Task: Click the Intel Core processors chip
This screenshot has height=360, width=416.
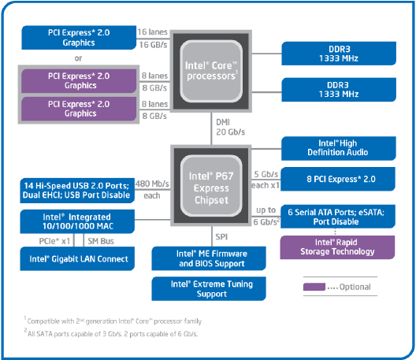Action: click(210, 72)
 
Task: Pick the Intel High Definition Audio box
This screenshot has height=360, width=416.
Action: click(341, 147)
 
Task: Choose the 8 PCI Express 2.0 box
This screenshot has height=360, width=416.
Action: click(341, 179)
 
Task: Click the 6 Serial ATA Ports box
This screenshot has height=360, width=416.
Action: click(341, 215)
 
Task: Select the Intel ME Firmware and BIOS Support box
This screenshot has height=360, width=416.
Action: click(210, 258)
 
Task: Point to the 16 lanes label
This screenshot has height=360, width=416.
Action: click(152, 31)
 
